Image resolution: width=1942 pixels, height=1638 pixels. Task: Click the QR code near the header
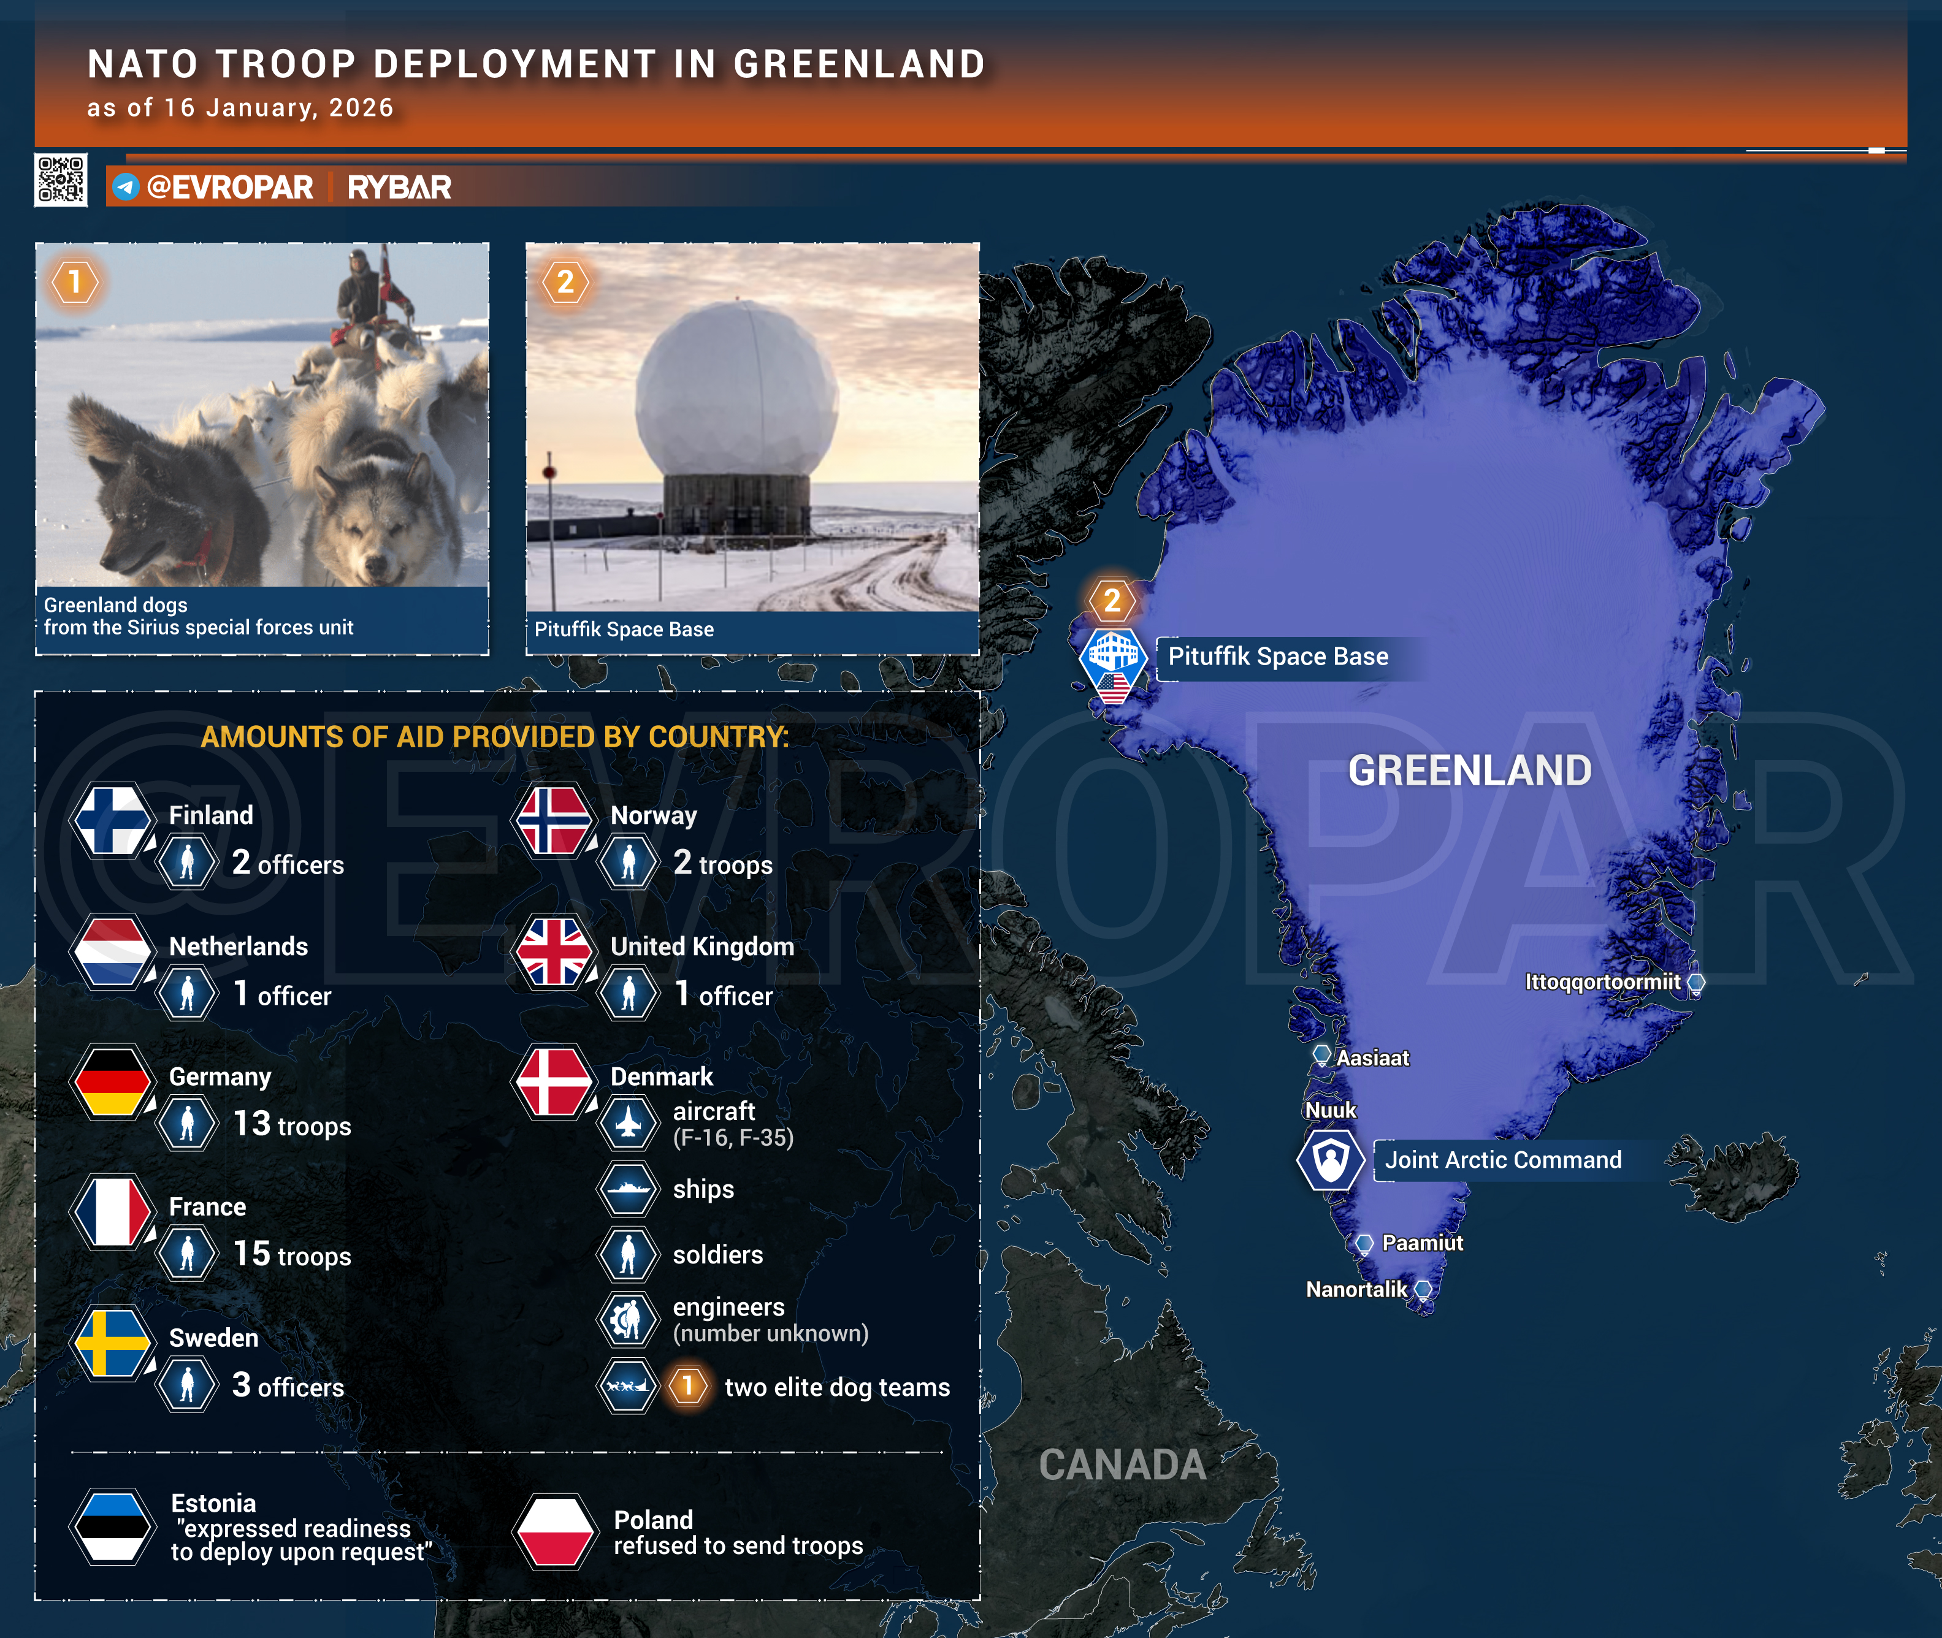(x=61, y=179)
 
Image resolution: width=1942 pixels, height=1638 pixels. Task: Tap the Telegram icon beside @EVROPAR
(x=125, y=186)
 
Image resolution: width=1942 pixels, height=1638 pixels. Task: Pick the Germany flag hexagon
(x=112, y=1081)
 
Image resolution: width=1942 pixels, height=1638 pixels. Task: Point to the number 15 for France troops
(x=251, y=1254)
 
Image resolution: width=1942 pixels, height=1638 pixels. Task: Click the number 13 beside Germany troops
(x=251, y=1124)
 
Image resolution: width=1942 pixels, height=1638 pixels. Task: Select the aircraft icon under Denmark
(x=629, y=1124)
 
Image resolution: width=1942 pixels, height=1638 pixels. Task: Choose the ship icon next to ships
(x=629, y=1189)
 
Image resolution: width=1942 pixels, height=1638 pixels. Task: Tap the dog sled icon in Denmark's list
(x=629, y=1387)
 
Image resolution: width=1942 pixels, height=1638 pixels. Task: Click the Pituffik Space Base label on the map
(x=1278, y=657)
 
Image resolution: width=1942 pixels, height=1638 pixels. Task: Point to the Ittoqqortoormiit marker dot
(x=1696, y=983)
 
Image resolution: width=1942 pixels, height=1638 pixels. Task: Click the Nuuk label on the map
(x=1330, y=1111)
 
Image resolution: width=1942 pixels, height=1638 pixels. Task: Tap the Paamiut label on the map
(x=1422, y=1243)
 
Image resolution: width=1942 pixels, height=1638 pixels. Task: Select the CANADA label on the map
(x=1123, y=1465)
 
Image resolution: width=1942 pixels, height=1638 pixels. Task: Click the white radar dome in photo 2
(x=736, y=387)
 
